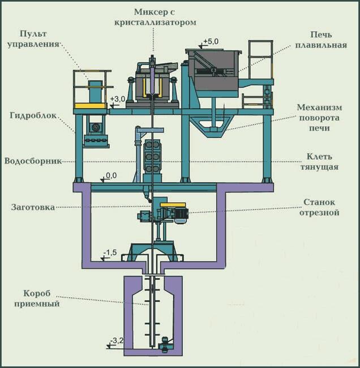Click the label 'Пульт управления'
pos(33,39)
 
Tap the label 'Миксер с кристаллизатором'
pos(155,17)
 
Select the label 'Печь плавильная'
pos(321,40)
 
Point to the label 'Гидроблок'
pos(33,115)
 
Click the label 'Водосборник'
pos(33,161)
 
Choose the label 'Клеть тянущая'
pos(319,162)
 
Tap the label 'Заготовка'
pos(33,207)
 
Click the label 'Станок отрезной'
pos(319,207)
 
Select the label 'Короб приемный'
pos(37,298)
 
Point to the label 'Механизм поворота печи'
pos(319,118)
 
